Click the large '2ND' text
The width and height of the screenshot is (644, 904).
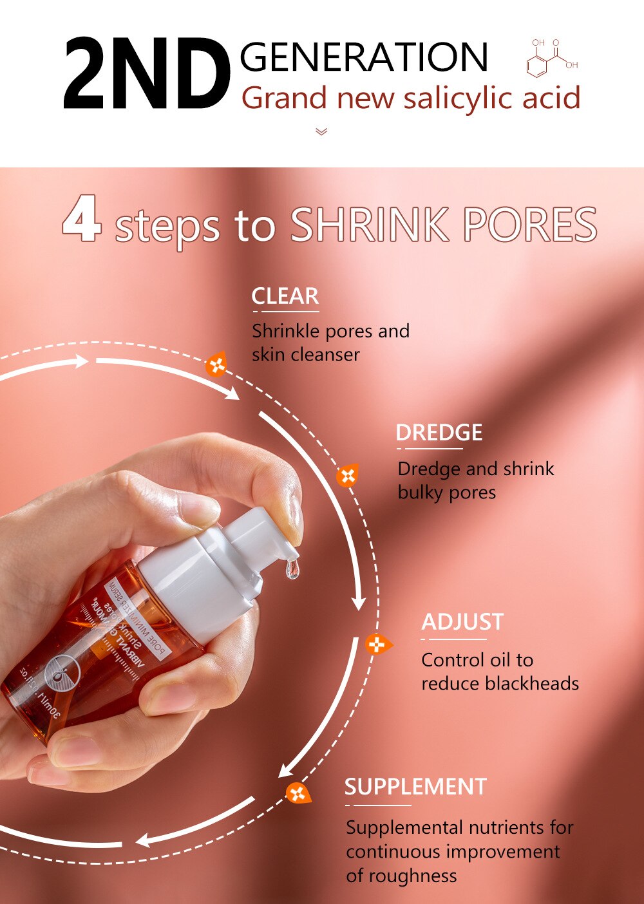pos(147,75)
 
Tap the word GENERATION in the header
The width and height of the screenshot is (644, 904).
pos(364,57)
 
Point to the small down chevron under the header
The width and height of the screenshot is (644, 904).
pos(322,132)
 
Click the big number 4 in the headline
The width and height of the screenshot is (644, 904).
pos(82,220)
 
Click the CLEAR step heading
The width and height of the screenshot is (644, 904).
pos(285,296)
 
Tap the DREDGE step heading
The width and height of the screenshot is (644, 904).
pos(439,433)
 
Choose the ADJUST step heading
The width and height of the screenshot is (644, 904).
pos(462,622)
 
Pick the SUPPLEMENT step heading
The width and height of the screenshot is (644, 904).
pos(415,787)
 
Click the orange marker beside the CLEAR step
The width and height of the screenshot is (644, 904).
pos(216,365)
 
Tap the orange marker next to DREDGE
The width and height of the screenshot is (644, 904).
pos(347,476)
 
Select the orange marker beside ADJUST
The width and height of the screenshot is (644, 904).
pos(377,644)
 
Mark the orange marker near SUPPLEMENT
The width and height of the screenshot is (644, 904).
pos(298,793)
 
